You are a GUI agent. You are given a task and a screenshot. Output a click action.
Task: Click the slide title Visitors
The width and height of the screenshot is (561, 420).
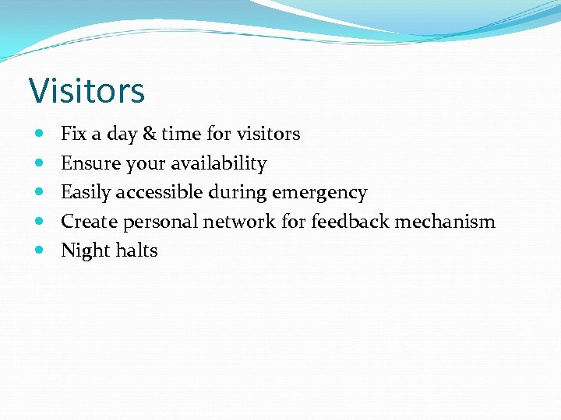(x=86, y=90)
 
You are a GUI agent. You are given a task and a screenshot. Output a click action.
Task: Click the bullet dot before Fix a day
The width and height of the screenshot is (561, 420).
(x=40, y=135)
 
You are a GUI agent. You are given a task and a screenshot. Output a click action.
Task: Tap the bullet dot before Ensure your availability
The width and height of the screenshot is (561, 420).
(x=40, y=163)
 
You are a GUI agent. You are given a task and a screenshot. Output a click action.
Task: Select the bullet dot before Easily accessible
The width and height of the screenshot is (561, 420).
(x=40, y=192)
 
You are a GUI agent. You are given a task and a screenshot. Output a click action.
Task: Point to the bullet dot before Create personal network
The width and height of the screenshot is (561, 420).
(x=40, y=222)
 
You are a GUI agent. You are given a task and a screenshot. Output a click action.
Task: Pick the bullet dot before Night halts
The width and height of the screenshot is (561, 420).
(x=40, y=250)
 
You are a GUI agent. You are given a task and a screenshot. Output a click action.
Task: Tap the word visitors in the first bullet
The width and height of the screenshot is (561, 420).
(x=268, y=134)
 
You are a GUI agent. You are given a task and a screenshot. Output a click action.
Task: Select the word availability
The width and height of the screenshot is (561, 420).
(x=220, y=163)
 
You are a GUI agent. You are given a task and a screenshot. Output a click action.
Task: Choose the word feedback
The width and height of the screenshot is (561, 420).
(x=350, y=222)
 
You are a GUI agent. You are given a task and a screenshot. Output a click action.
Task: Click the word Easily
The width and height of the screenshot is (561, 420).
(x=86, y=192)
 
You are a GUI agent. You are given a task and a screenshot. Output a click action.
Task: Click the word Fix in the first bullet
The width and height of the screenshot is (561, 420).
(x=73, y=134)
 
